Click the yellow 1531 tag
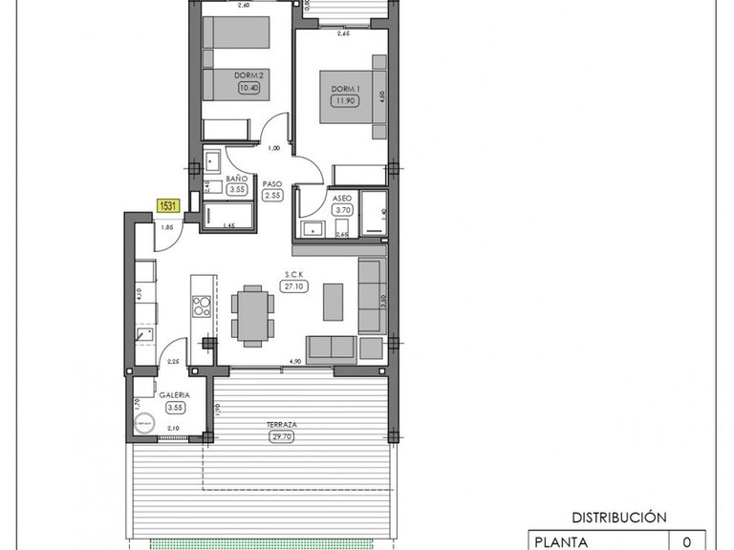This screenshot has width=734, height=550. tap(168, 204)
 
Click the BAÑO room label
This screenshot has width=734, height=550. tap(236, 179)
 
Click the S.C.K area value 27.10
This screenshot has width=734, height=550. tap(293, 286)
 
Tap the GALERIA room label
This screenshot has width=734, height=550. tap(174, 394)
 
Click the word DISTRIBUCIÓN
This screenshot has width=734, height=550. tap(618, 517)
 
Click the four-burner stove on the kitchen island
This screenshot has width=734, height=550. tap(202, 307)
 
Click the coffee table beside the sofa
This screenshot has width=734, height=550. tap(333, 300)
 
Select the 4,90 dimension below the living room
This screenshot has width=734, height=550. tap(296, 362)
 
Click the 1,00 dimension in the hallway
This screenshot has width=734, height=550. tap(274, 148)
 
